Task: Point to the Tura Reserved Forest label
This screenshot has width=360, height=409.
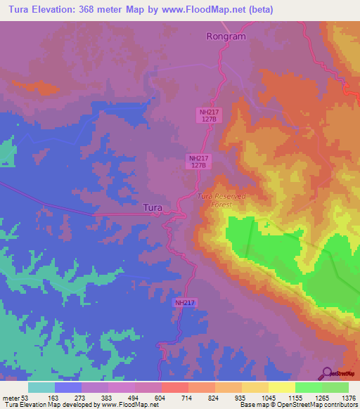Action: click(221, 200)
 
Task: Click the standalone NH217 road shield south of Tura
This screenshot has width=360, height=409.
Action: click(185, 302)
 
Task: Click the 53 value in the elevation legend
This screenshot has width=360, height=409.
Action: click(27, 398)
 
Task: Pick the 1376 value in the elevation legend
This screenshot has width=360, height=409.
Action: click(348, 398)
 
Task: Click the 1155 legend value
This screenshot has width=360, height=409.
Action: click(295, 398)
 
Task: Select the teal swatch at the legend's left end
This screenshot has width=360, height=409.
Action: click(41, 387)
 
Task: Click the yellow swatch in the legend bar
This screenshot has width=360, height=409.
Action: click(281, 387)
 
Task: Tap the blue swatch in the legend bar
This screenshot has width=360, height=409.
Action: click(68, 387)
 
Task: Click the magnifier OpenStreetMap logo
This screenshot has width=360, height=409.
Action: click(327, 372)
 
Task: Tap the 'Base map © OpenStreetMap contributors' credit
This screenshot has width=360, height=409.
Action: click(298, 405)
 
